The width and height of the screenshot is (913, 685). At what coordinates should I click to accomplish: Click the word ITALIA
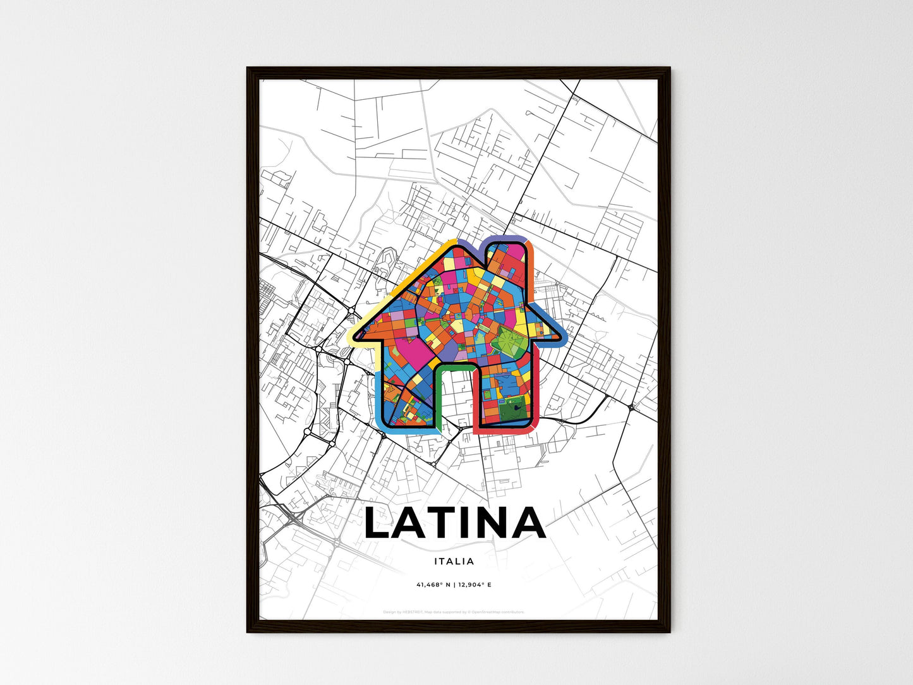(454, 561)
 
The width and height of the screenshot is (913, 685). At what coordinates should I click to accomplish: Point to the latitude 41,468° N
(433, 585)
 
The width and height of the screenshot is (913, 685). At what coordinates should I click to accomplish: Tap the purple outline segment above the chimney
(506, 238)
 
